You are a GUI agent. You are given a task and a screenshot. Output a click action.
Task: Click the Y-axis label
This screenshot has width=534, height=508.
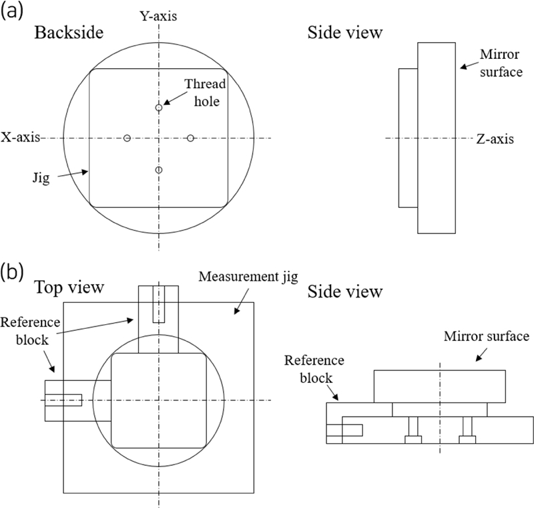(158, 15)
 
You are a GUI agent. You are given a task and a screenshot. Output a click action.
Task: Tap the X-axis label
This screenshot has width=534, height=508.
(21, 137)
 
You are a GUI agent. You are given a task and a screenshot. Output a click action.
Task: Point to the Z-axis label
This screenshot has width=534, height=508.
(495, 139)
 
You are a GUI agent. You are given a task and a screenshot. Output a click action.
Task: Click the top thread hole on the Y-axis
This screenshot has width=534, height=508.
(158, 108)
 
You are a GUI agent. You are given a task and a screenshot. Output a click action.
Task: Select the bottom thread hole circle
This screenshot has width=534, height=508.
(158, 170)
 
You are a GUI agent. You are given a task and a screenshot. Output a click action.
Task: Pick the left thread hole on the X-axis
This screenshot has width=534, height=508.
(127, 138)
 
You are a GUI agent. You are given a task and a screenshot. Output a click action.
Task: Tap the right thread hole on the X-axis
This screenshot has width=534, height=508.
(190, 138)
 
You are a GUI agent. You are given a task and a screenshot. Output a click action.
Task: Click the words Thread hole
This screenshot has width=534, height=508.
(206, 94)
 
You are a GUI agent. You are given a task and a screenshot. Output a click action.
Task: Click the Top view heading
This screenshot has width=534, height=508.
(69, 287)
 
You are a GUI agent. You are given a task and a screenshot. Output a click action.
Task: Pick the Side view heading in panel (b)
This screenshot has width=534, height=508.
(344, 291)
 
